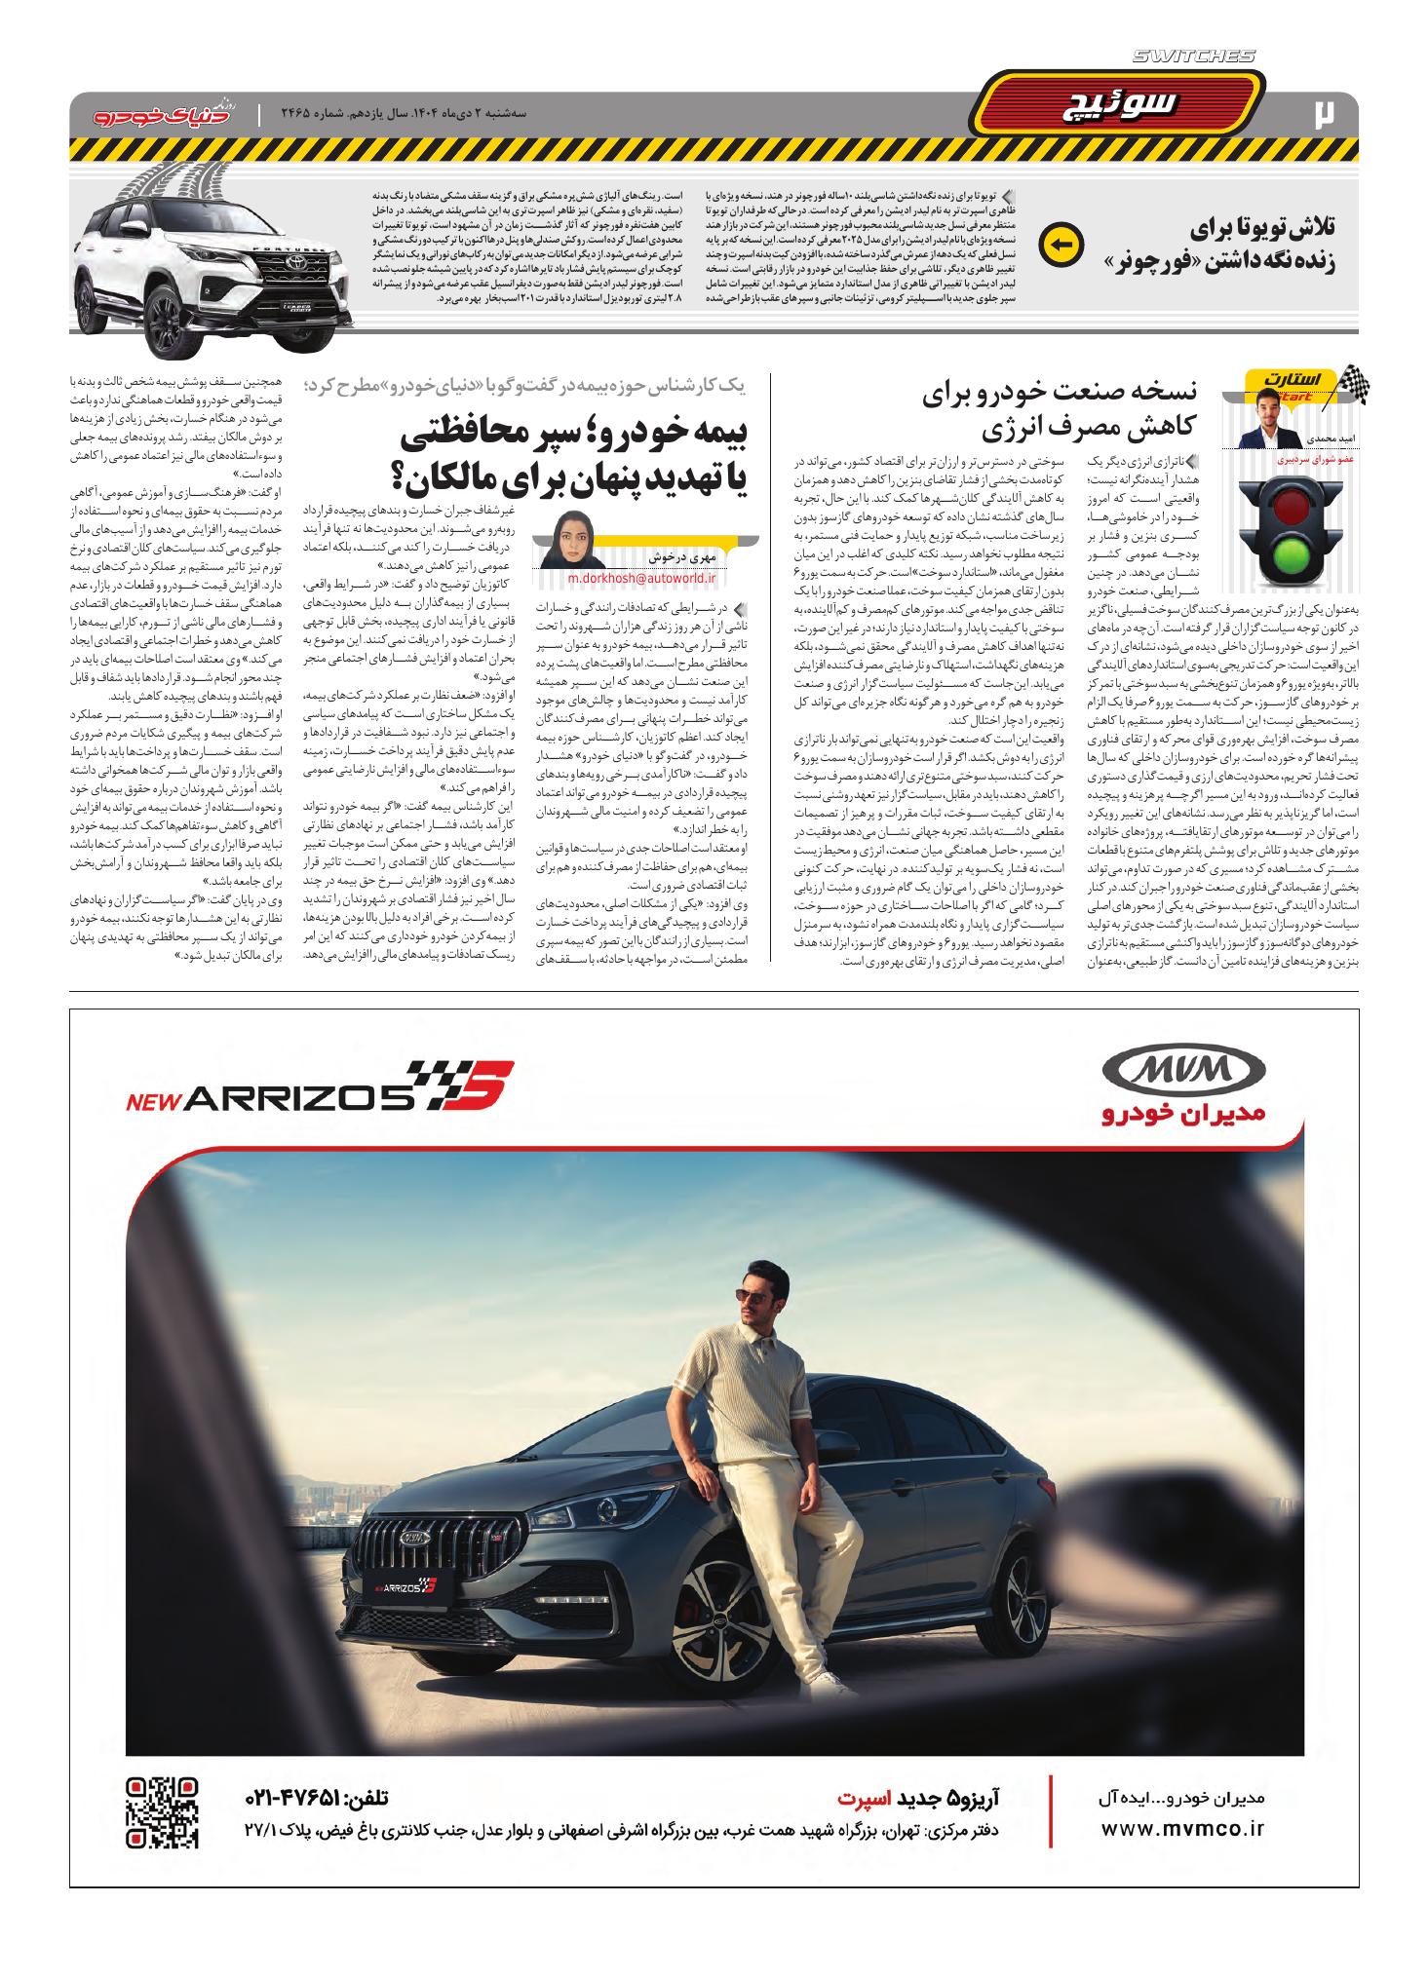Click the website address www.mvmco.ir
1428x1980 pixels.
click(x=1182, y=1829)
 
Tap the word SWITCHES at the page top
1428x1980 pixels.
click(x=1195, y=57)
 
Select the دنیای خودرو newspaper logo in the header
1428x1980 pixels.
click(x=156, y=115)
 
